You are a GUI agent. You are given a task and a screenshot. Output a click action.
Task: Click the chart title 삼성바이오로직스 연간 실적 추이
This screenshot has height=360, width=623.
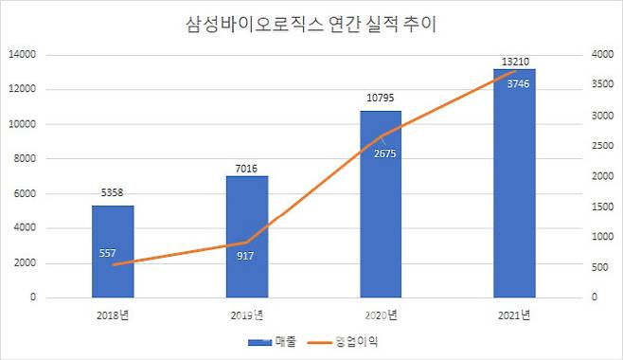coord(311,24)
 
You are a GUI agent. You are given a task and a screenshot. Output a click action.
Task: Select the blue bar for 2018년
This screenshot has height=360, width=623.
coord(113,251)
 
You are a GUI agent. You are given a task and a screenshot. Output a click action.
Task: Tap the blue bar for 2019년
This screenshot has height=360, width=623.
coord(246,237)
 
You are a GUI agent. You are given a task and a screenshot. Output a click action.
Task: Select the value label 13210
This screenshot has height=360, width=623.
coord(514,60)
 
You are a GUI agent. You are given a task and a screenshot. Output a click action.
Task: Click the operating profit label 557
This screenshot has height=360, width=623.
coord(107,253)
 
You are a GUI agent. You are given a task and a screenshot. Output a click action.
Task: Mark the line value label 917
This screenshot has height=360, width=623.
coord(246,255)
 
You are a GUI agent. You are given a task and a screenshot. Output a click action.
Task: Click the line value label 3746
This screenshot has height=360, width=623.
coord(514,83)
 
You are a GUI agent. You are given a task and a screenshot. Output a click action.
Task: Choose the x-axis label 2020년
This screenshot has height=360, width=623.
coord(381,315)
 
